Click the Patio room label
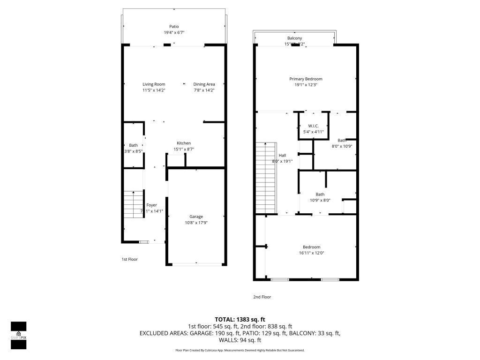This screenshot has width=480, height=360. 174,26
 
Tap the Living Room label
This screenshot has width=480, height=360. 154,84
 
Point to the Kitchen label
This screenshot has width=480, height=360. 183,143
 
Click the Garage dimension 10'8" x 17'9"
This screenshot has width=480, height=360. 196,223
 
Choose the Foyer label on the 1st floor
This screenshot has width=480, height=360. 151,205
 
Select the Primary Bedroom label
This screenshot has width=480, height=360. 306,79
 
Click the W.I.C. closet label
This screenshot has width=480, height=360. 313,126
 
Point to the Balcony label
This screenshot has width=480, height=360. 294,38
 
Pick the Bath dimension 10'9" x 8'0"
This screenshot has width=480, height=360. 320,201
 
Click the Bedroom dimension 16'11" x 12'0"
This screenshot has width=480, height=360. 311,253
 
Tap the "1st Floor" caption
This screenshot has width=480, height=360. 129,259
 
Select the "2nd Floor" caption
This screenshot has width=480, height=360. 262,297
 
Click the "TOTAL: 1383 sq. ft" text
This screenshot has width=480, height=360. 240,319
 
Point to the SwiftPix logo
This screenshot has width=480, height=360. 18,335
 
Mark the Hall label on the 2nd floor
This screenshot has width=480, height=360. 282,155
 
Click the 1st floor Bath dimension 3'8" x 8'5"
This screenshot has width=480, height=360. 134,151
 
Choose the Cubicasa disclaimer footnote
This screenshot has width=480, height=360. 240,350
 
